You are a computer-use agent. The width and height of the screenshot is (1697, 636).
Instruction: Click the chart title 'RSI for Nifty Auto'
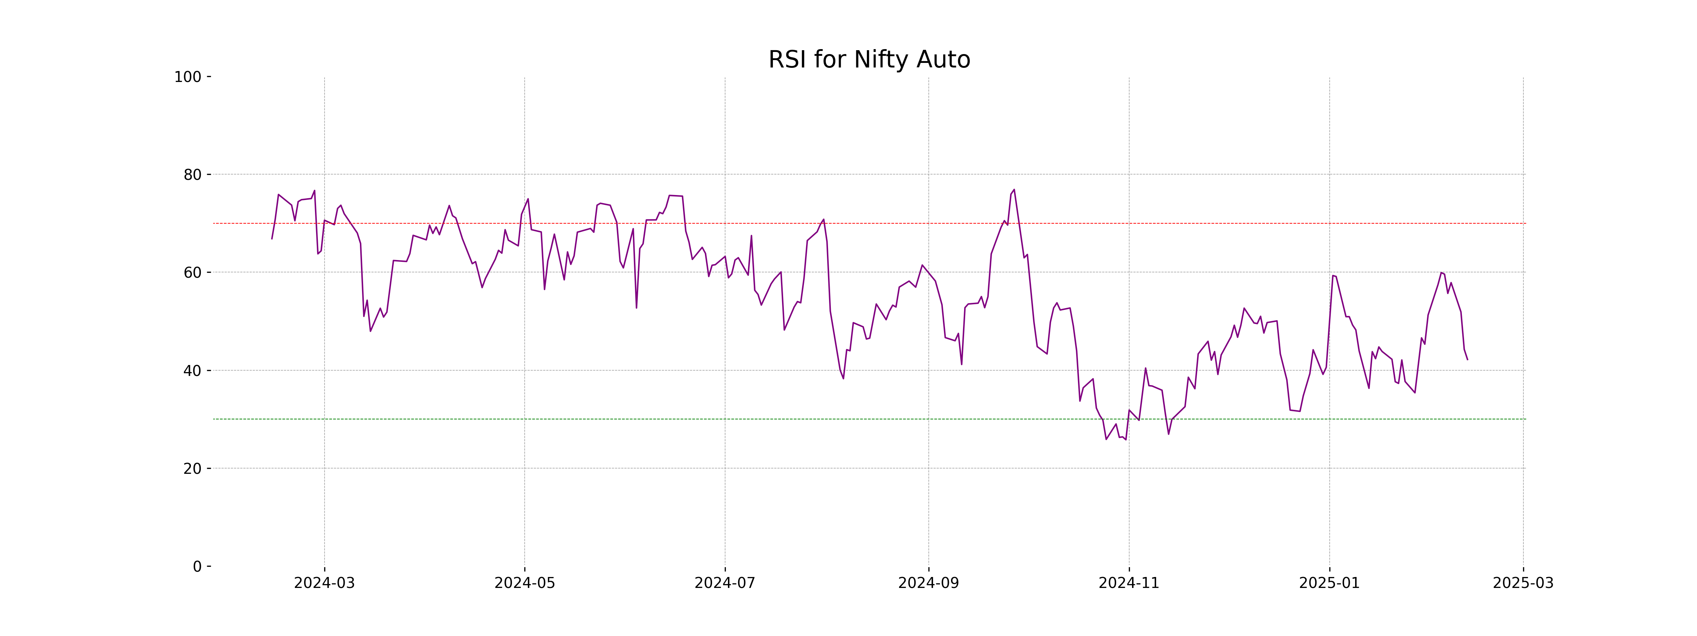[x=869, y=60]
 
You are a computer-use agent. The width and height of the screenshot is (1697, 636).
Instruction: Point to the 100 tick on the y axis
[x=188, y=77]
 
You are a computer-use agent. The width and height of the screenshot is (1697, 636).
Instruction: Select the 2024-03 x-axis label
[x=324, y=583]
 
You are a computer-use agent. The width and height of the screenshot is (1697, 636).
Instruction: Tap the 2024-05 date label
[x=524, y=583]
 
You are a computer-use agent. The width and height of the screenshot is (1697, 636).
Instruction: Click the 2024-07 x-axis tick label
[x=725, y=583]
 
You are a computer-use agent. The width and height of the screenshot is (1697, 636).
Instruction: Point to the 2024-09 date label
[x=928, y=583]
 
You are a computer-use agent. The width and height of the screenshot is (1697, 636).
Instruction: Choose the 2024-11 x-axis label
[x=1129, y=583]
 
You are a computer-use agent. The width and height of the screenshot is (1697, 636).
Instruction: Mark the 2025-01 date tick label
[x=1329, y=583]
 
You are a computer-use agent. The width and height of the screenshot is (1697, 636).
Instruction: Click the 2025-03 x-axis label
[x=1522, y=583]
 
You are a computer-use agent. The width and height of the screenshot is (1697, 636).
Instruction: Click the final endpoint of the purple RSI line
[x=1467, y=359]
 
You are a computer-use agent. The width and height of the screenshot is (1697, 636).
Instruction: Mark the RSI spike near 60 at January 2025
[x=1332, y=275]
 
